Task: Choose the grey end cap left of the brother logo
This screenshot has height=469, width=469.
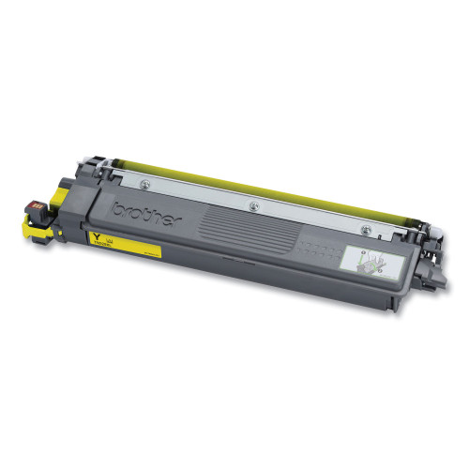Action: tap(103, 208)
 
